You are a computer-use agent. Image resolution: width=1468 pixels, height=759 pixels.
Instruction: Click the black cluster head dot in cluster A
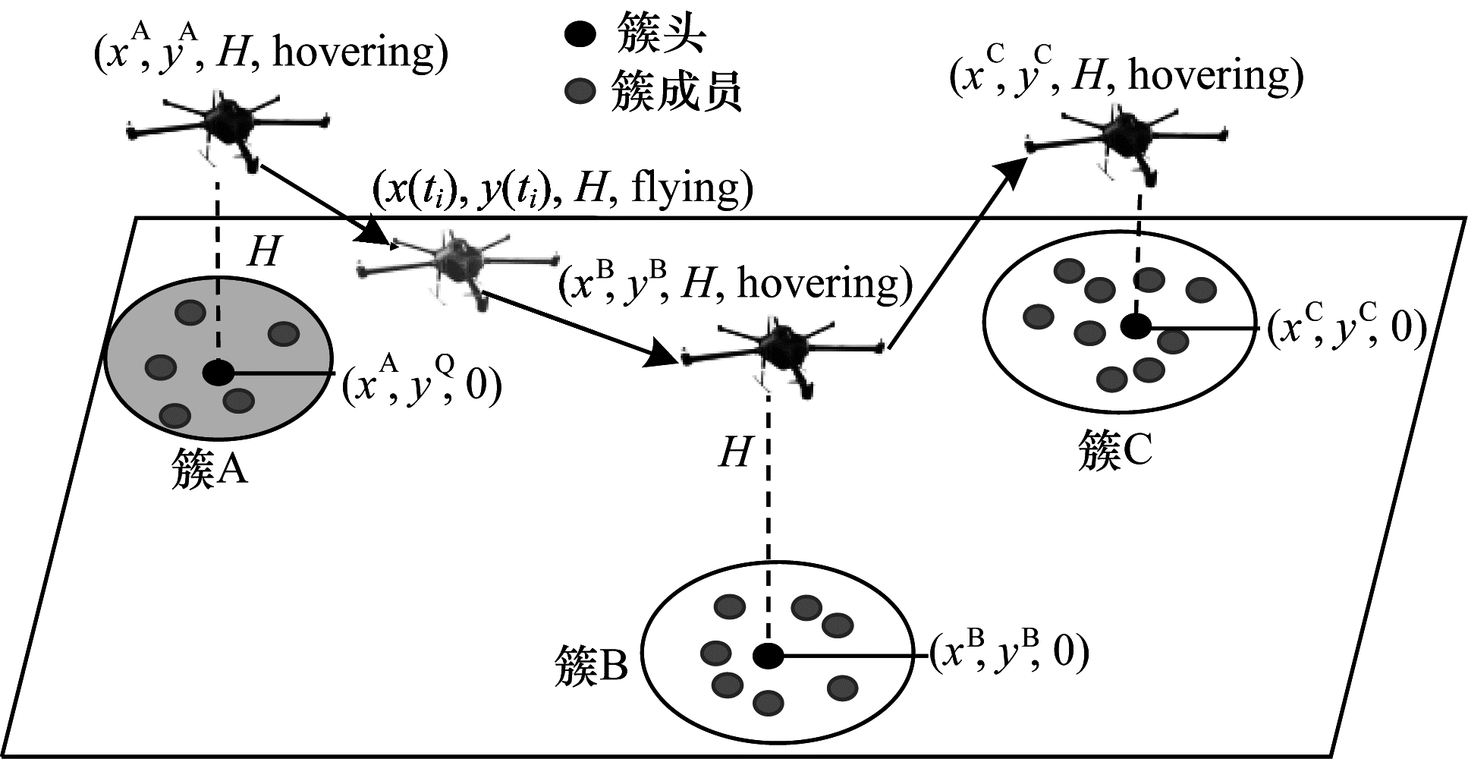218,373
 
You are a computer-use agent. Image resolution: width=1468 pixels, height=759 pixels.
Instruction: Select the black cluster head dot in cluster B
768,656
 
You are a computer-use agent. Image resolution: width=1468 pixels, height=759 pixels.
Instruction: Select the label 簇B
592,666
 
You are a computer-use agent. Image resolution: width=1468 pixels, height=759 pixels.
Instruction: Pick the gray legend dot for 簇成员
580,92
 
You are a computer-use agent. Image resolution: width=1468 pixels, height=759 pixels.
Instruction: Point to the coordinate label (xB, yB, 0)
1010,653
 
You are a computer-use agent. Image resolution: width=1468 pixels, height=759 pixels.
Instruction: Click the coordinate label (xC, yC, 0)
1347,328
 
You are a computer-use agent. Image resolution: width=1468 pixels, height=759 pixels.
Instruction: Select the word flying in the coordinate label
684,187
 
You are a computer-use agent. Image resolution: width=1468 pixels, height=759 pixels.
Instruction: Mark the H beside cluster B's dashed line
734,453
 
